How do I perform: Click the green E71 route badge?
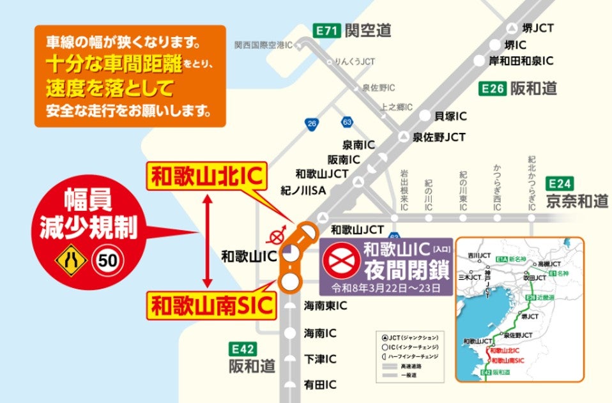click(326, 29)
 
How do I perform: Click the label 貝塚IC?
click(450, 116)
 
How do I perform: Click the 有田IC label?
click(320, 384)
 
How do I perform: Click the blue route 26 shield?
click(312, 124)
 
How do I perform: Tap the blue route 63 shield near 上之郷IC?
click(348, 121)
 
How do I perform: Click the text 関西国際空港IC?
click(263, 45)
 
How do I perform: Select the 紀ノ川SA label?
click(303, 190)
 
